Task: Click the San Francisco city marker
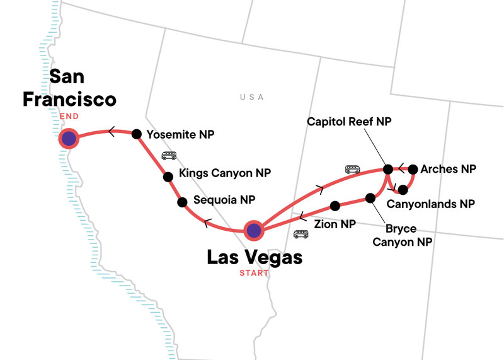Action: pyautogui.click(x=68, y=138)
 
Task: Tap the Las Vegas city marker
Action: pyautogui.click(x=253, y=231)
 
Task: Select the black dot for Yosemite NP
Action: pyautogui.click(x=136, y=134)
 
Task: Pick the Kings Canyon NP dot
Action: pyautogui.click(x=168, y=177)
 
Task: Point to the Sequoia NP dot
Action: pyautogui.click(x=182, y=202)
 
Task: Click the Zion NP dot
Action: pyautogui.click(x=335, y=206)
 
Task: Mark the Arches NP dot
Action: pyautogui.click(x=413, y=169)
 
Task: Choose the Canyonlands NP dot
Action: pyautogui.click(x=403, y=189)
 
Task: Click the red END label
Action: pyautogui.click(x=67, y=116)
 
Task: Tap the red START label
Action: pyautogui.click(x=253, y=273)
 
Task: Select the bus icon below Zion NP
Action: pyautogui.click(x=302, y=235)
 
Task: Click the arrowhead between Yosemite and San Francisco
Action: pyautogui.click(x=112, y=132)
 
